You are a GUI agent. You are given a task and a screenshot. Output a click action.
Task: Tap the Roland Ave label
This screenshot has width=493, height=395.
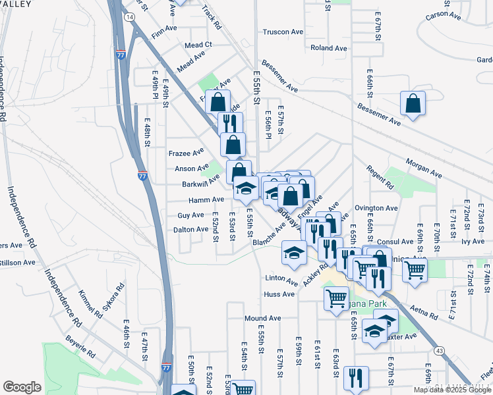pos(328,48)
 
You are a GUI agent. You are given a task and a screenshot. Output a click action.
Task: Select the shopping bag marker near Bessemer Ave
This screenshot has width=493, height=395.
pos(413,103)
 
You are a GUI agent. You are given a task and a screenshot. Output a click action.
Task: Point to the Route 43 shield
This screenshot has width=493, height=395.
pos(439,352)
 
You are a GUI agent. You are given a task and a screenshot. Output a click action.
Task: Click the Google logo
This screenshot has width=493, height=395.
pos(22,387)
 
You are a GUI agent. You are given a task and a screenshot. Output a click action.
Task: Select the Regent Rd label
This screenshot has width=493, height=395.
pos(380,182)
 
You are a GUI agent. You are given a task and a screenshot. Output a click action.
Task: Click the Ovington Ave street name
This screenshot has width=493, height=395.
pos(376,208)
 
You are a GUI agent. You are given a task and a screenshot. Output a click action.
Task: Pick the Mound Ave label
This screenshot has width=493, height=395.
pos(262,318)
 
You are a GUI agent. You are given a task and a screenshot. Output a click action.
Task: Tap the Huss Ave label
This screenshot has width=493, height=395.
pos(279,294)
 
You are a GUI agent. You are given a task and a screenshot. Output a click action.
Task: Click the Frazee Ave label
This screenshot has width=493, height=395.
pos(184,153)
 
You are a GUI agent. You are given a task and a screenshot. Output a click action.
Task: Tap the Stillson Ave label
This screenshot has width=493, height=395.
pos(18,262)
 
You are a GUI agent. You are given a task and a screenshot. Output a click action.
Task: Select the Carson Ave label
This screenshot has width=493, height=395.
pos(442,14)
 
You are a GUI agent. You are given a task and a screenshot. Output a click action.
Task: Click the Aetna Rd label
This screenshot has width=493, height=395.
pos(424,313)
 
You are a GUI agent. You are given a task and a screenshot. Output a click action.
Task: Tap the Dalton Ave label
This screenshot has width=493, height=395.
pos(190,229)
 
